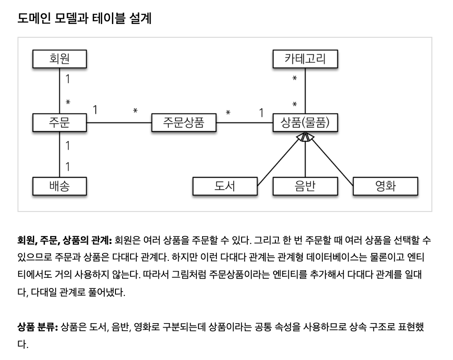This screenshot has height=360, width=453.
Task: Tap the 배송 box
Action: tap(60, 186)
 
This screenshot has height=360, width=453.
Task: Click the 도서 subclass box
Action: tap(225, 186)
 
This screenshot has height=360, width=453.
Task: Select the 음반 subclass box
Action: tap(305, 186)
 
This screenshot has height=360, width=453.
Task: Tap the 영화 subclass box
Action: tap(385, 186)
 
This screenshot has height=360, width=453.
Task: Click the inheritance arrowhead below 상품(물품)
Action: tap(305, 137)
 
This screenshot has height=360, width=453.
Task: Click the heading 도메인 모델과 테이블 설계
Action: tap(84, 19)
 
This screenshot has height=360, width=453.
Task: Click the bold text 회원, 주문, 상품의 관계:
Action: tap(64, 240)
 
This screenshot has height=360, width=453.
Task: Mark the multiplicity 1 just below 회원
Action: tap(68, 80)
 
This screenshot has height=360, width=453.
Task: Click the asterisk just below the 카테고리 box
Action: tap(294, 79)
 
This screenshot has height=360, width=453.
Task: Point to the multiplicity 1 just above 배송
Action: tap(68, 167)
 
